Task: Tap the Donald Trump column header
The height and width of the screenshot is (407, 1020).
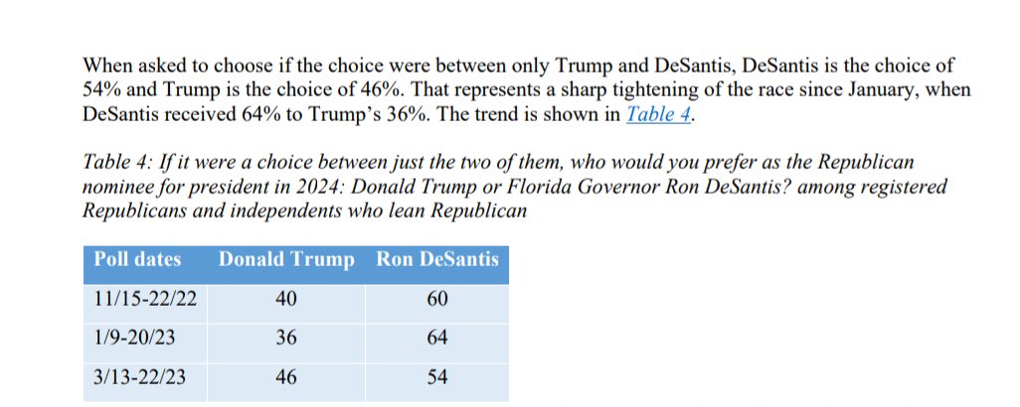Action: coord(285,260)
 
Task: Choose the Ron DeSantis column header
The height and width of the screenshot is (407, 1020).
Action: coord(436,260)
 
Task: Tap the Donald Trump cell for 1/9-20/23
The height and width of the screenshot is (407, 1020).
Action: coord(286,339)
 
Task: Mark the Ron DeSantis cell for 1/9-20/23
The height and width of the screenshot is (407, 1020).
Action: coord(436,339)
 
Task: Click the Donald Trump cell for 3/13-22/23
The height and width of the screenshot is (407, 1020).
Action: coord(286,378)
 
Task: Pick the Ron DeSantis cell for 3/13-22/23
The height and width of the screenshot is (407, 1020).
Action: coord(436,378)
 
